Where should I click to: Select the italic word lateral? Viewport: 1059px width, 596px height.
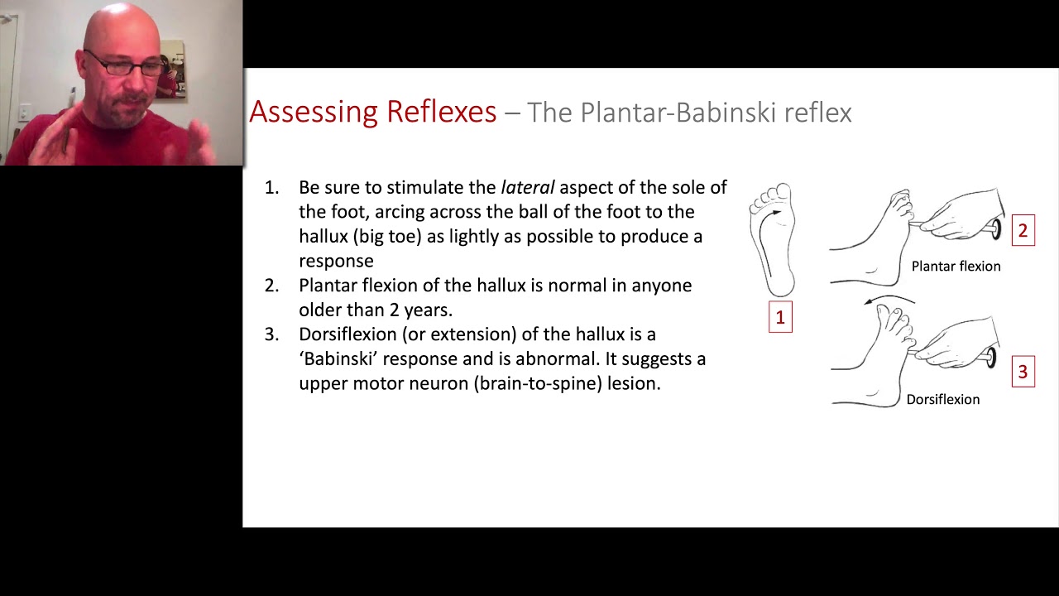point(528,187)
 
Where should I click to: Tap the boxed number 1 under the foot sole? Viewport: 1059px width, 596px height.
point(780,317)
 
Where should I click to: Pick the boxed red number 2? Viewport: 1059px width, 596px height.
point(1023,230)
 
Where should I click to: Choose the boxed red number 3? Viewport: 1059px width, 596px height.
point(1023,372)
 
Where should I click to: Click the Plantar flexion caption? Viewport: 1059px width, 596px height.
point(956,267)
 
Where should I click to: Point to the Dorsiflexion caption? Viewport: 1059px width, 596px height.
point(942,400)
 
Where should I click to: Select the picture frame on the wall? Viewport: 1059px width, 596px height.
point(172,70)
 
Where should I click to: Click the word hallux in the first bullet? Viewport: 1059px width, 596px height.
point(323,237)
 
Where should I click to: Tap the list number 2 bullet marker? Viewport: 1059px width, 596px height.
point(271,286)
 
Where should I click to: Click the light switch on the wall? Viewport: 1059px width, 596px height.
point(24,112)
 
